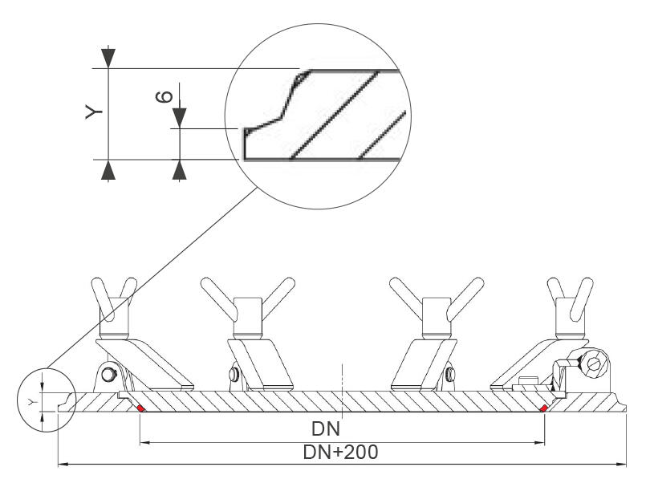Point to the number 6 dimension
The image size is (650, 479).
(x=163, y=95)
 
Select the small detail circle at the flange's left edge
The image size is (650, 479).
(x=46, y=399)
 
